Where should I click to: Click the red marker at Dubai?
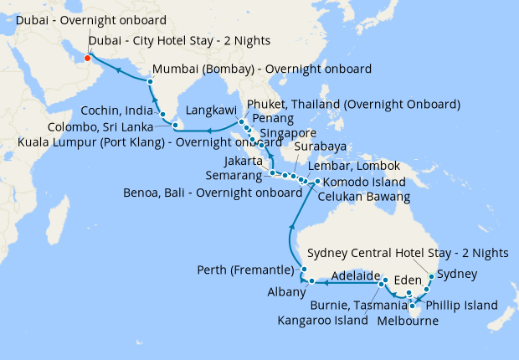87,58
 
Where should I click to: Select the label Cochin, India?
117,111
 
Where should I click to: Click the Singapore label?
288,133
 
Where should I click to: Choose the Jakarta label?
244,161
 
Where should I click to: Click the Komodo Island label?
364,182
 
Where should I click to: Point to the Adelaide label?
355,275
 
